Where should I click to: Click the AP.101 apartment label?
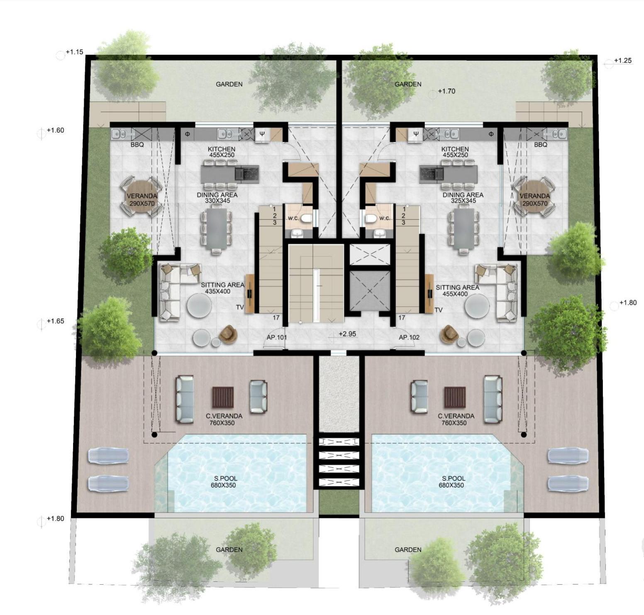pyautogui.click(x=276, y=337)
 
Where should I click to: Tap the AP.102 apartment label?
pyautogui.click(x=409, y=337)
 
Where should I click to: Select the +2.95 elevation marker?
pyautogui.click(x=347, y=334)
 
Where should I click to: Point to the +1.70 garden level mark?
pyautogui.click(x=446, y=91)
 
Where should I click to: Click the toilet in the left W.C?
pyautogui.click(x=306, y=218)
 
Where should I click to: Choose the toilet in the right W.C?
pyautogui.click(x=371, y=218)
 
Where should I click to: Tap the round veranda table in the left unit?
pyautogui.click(x=141, y=196)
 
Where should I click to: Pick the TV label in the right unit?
pyautogui.click(x=439, y=310)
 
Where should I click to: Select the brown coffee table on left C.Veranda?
pyautogui.click(x=223, y=398)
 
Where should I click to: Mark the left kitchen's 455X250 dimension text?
pyautogui.click(x=222, y=155)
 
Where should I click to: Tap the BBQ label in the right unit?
pyautogui.click(x=541, y=144)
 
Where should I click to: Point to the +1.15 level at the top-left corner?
pyautogui.click(x=75, y=52)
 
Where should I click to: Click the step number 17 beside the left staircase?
pyautogui.click(x=276, y=317)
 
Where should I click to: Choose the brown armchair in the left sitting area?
pyautogui.click(x=228, y=334)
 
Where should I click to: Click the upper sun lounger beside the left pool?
pyautogui.click(x=108, y=456)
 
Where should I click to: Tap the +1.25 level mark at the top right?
pyautogui.click(x=623, y=61)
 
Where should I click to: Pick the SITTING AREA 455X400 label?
pyautogui.click(x=457, y=290)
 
